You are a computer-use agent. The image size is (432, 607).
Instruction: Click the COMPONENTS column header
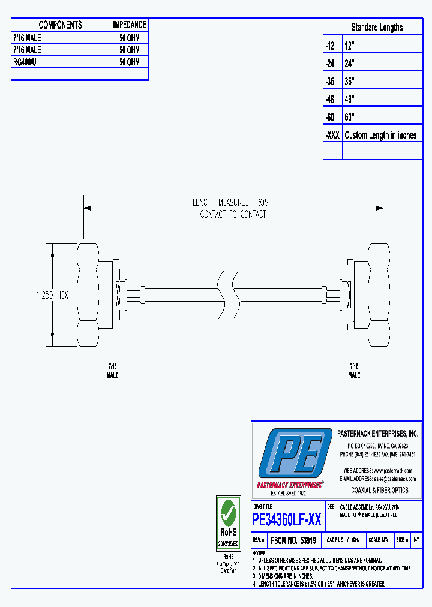(x=60, y=25)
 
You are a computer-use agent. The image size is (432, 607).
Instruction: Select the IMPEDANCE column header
(x=129, y=25)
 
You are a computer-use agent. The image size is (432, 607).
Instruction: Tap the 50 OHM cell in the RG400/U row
(x=129, y=62)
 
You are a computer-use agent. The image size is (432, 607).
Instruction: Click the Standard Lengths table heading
(x=377, y=28)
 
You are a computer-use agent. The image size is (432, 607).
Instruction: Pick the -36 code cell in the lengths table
(x=332, y=81)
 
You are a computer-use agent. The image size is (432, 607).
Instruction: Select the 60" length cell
(x=382, y=117)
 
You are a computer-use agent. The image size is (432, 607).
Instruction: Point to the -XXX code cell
(x=332, y=135)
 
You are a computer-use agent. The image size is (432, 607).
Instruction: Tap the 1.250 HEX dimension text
(x=52, y=295)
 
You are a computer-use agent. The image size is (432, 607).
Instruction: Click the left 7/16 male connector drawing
(x=96, y=294)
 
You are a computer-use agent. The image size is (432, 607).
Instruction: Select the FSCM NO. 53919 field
(x=293, y=540)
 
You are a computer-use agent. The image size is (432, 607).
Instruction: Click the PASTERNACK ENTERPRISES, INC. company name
(x=377, y=434)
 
